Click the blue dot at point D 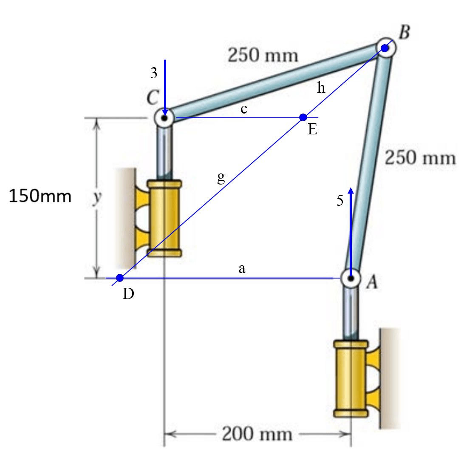tap(120, 278)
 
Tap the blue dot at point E tap(303, 117)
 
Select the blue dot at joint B tap(385, 48)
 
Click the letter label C tap(152, 98)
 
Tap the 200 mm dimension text tap(257, 434)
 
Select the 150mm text tap(40, 196)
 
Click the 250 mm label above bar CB tap(263, 55)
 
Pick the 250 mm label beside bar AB tap(420, 158)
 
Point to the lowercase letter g tap(221, 177)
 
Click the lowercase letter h tap(321, 88)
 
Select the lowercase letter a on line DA tap(242, 269)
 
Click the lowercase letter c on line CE tap(243, 109)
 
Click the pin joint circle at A tap(351, 279)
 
